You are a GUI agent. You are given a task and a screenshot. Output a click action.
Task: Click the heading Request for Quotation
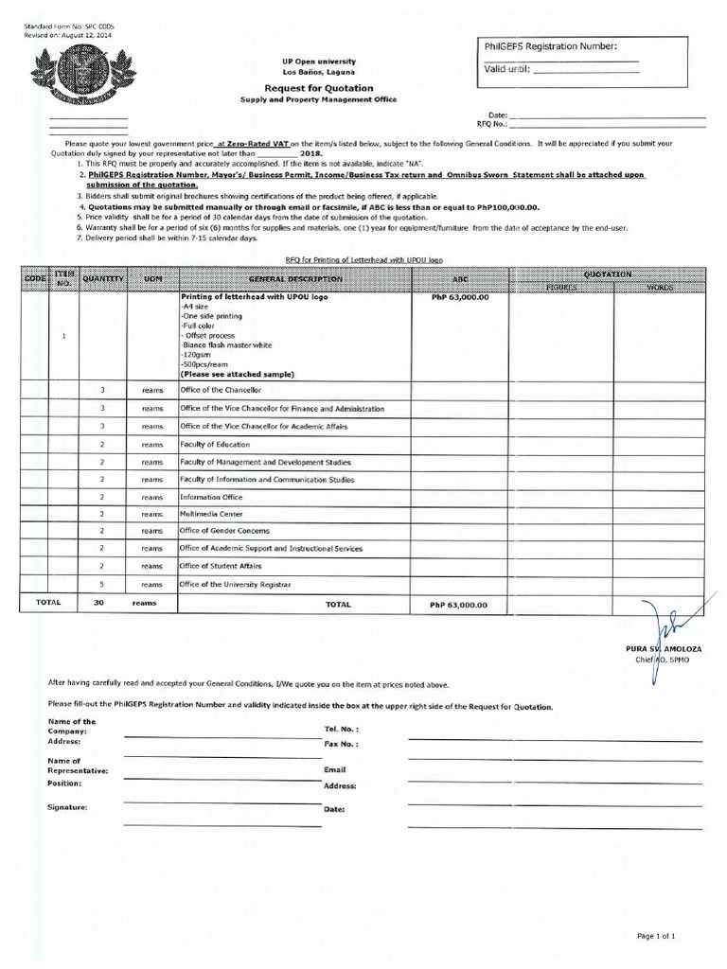[304, 88]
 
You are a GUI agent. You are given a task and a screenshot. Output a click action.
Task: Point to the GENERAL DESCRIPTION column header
[295, 279]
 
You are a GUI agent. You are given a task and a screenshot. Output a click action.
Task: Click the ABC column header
[459, 279]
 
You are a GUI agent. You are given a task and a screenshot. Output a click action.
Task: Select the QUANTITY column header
[102, 279]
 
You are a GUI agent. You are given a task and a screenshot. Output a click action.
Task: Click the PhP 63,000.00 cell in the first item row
[459, 297]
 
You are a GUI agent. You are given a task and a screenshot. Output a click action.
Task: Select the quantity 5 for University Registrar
[101, 584]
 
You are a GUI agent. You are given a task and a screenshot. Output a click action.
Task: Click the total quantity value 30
[98, 603]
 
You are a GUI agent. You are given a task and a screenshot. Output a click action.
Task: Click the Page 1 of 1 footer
[656, 936]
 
